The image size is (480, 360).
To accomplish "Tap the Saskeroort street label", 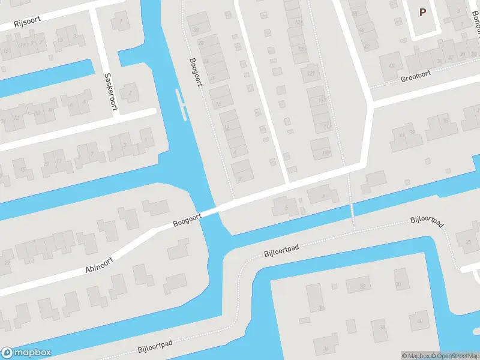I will tap(109, 91).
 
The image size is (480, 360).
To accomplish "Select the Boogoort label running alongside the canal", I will tap(196, 71).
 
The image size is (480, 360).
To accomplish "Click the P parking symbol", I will tap(422, 12).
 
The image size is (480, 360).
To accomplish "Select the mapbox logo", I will tap(26, 352).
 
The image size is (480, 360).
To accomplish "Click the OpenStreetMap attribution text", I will tap(455, 356).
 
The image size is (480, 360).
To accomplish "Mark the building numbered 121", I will tap(311, 73).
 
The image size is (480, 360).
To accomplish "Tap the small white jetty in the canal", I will tap(180, 102).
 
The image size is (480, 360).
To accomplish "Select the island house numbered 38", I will tap(382, 328).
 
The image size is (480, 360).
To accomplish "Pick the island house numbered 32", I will tap(362, 287).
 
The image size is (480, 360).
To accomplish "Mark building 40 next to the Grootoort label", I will tap(392, 65).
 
